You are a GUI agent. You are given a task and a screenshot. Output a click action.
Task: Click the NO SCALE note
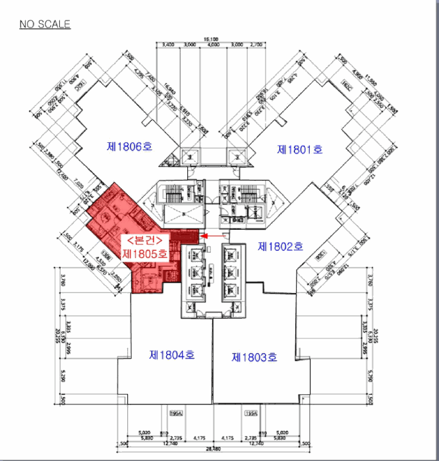[45, 24]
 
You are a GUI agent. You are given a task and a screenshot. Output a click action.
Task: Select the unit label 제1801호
[300, 149]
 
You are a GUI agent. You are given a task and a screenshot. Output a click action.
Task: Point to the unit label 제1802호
[280, 247]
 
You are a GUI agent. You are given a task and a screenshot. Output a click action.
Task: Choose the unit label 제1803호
[254, 357]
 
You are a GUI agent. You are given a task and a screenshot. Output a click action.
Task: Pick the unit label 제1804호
[172, 355]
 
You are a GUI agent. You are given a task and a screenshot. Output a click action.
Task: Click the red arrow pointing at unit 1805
[212, 234]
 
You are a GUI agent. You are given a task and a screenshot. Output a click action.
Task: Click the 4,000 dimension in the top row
[213, 45]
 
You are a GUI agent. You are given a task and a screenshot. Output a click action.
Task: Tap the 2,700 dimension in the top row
[256, 45]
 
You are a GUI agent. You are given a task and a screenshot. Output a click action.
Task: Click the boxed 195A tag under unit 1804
[175, 413]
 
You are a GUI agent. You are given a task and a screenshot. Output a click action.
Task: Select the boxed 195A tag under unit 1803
[250, 413]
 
